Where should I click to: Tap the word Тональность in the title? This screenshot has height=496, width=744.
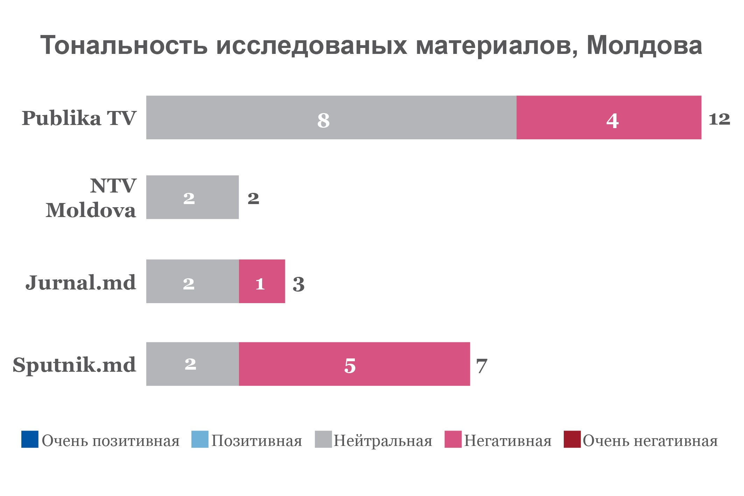(x=124, y=46)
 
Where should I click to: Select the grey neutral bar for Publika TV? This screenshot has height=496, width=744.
(x=331, y=118)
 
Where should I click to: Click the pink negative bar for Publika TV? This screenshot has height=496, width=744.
(x=609, y=118)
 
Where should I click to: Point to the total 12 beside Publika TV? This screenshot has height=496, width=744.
(x=719, y=119)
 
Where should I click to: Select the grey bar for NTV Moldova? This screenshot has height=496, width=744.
(x=192, y=197)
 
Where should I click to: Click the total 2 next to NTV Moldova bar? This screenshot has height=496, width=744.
(x=253, y=198)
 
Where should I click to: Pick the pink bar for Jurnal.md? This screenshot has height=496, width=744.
(x=262, y=281)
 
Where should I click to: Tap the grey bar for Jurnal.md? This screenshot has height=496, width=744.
(x=192, y=281)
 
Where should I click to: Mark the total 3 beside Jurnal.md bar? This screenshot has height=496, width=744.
(x=299, y=284)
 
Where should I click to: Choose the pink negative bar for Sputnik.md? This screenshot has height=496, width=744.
(x=354, y=364)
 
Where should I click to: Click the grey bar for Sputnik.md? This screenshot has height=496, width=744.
(x=192, y=364)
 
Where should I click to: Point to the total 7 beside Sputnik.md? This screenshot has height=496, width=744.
(x=482, y=366)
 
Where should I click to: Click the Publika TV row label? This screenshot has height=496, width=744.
(x=79, y=118)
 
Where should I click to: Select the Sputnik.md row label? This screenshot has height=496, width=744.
(x=74, y=365)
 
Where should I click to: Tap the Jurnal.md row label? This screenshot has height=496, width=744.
(x=80, y=282)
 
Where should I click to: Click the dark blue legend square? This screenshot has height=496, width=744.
(x=30, y=439)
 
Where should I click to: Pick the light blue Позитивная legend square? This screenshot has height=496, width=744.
(x=200, y=439)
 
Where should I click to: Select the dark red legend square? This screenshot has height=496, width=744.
(x=572, y=439)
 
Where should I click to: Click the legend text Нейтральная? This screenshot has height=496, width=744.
(x=383, y=441)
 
